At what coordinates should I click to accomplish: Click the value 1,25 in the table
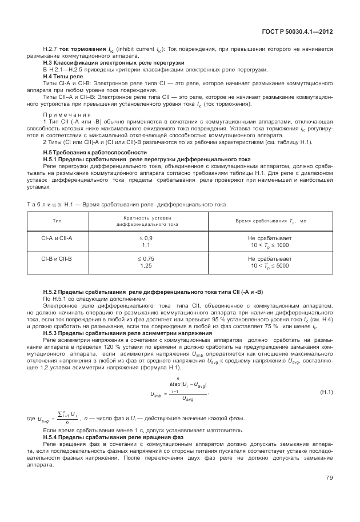click(146, 266)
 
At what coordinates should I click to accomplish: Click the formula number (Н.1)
click(326, 392)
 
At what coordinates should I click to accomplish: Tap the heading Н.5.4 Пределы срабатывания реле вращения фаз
click(113, 437)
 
